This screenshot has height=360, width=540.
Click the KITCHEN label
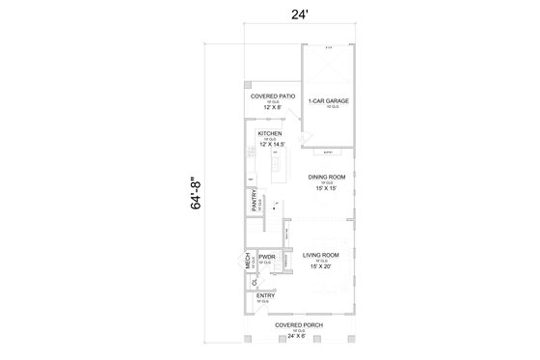pyautogui.click(x=269, y=133)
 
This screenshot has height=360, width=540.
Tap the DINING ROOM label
pyautogui.click(x=326, y=178)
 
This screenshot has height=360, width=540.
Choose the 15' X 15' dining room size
pyautogui.click(x=326, y=188)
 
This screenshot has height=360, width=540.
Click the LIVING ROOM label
pyautogui.click(x=323, y=256)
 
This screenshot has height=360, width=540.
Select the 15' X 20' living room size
pyautogui.click(x=323, y=266)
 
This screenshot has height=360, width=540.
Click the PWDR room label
pyautogui.click(x=267, y=258)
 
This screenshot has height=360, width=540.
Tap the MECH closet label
pyautogui.click(x=248, y=260)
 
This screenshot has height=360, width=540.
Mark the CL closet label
pyautogui.click(x=253, y=283)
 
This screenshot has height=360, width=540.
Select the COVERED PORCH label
pyautogui.click(x=298, y=325)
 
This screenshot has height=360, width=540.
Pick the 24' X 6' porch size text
pyautogui.click(x=298, y=336)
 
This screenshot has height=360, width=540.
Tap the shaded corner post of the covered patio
pyautogui.click(x=248, y=84)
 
